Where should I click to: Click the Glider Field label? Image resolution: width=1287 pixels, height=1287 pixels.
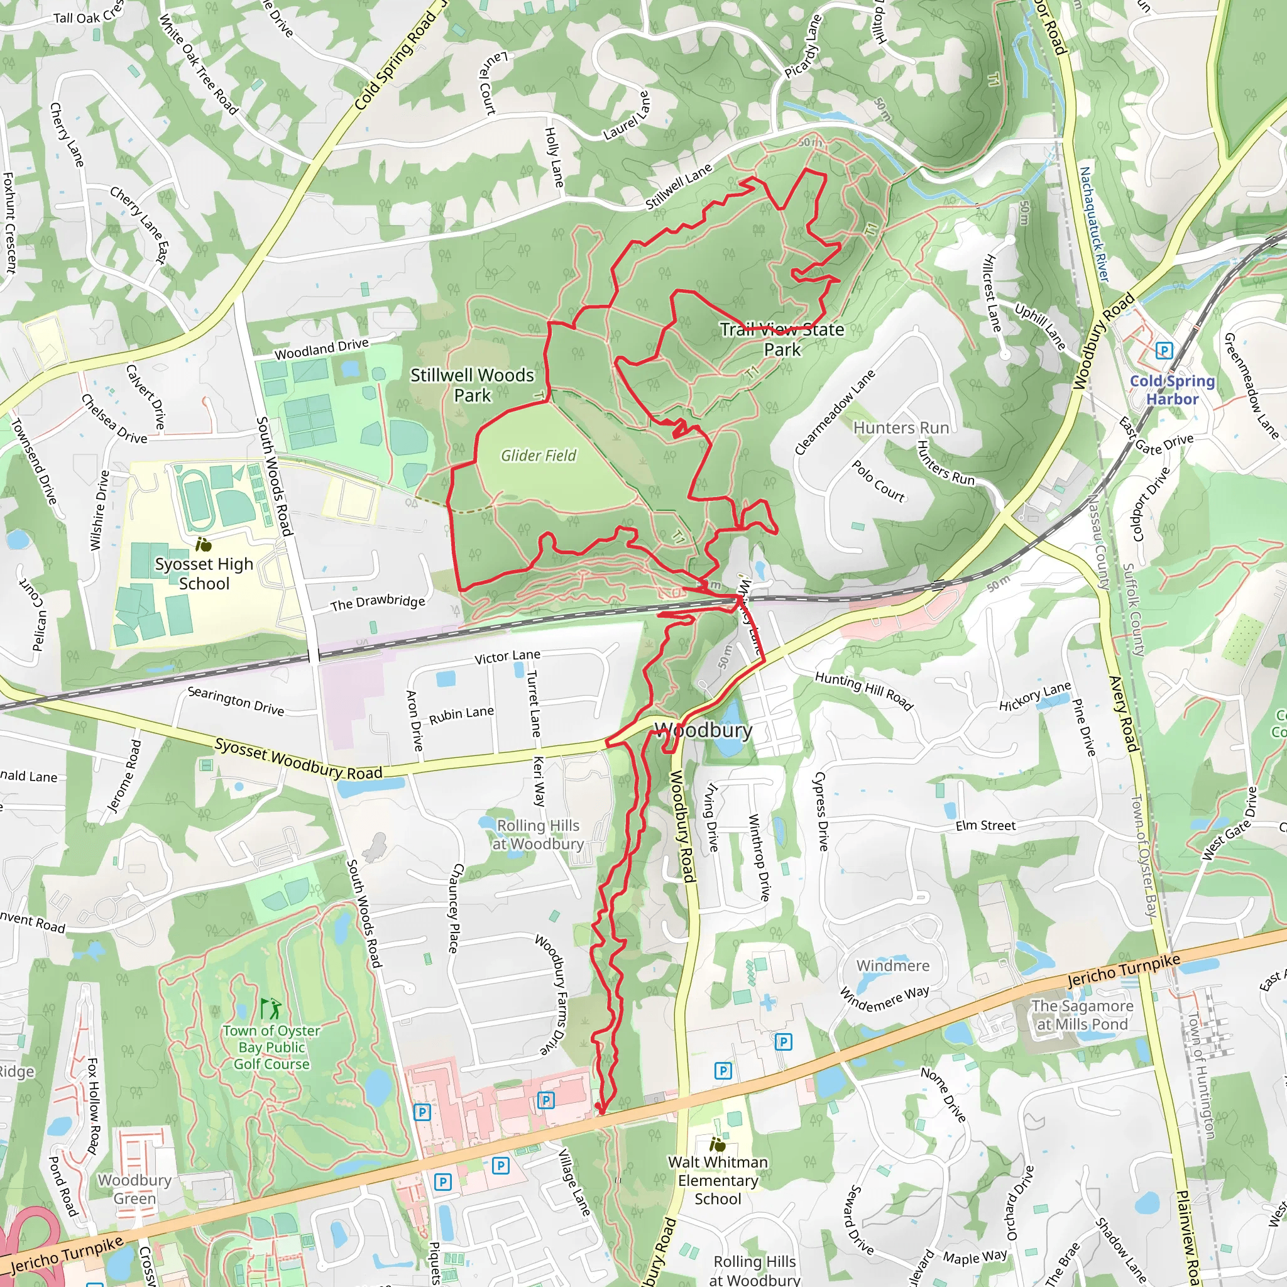click(x=539, y=456)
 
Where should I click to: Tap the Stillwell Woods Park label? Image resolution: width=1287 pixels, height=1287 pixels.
click(x=472, y=385)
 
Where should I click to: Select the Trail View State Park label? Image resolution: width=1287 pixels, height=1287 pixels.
click(x=782, y=339)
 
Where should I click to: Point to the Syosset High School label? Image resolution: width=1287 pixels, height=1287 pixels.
click(x=204, y=574)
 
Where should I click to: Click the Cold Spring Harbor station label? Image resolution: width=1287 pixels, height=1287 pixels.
click(x=1172, y=390)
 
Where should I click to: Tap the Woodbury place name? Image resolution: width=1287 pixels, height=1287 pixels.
click(x=703, y=730)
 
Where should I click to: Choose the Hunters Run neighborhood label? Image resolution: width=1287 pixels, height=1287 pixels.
click(x=901, y=428)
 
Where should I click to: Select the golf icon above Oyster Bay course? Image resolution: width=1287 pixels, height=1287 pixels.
click(x=270, y=1010)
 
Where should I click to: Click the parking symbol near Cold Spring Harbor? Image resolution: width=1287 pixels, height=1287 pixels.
click(x=1164, y=351)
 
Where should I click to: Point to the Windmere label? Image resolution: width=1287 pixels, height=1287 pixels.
click(x=892, y=965)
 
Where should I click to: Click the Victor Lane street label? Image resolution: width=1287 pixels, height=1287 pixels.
click(x=507, y=657)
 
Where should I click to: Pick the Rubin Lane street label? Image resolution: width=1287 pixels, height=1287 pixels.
click(x=461, y=715)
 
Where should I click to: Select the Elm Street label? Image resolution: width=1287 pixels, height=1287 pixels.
click(x=985, y=826)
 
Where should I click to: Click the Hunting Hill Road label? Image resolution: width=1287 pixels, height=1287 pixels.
click(x=863, y=691)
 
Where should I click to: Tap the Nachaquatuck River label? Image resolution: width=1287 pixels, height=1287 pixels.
click(x=1094, y=224)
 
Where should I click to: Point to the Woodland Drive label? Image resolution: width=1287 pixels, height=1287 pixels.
click(x=321, y=348)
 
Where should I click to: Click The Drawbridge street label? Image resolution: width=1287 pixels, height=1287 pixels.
click(x=377, y=602)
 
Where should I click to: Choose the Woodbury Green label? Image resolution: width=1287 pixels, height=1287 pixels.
click(x=134, y=1189)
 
